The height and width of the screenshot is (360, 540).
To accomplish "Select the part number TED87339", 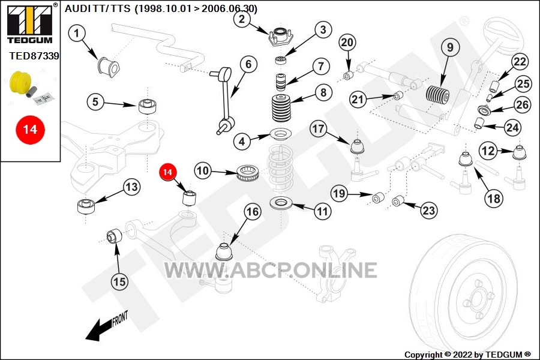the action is tap(34, 56).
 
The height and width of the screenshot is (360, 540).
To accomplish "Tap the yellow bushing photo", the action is tap(20, 82).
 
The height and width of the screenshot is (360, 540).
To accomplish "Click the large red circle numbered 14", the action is tap(30, 130).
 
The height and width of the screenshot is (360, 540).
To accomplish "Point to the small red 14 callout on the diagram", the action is tap(168, 172).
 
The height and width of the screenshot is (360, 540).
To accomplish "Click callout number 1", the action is tap(77, 34).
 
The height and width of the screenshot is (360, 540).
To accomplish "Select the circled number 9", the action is tap(450, 47).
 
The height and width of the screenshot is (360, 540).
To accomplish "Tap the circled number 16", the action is tap(253, 212).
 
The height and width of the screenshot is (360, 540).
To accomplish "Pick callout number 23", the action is tap(429, 210).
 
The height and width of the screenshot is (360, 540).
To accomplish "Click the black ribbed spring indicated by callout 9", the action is tap(438, 94).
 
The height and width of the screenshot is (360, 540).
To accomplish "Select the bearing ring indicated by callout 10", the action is tap(248, 173).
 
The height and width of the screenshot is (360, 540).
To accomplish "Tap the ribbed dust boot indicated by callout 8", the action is tap(281, 108).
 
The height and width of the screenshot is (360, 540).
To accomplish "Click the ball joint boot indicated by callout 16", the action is tap(224, 252).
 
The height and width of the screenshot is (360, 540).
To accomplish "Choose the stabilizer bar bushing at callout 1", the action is tap(108, 66).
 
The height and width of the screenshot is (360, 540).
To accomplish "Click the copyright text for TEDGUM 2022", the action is tap(467, 355).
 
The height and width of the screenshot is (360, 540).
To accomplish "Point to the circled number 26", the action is tap(522, 104).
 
